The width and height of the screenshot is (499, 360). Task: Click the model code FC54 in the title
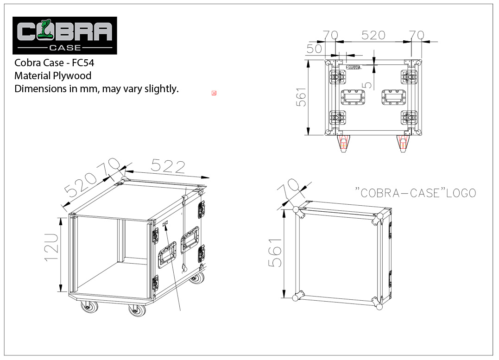pyautogui.click(x=83, y=63)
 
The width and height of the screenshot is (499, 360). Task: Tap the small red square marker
pyautogui.click(x=214, y=93)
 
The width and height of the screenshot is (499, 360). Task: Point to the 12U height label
pyautogui.click(x=51, y=247)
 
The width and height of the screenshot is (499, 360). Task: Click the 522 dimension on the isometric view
pyautogui.click(x=168, y=166)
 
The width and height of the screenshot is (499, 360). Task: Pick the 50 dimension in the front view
pyautogui.click(x=314, y=49)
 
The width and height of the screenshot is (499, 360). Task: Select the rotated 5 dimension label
pyautogui.click(x=367, y=85)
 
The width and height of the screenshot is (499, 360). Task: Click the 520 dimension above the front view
pyautogui.click(x=373, y=35)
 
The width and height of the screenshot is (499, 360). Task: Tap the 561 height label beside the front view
pyautogui.click(x=301, y=97)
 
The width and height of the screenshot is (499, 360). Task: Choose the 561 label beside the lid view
pyautogui.click(x=275, y=253)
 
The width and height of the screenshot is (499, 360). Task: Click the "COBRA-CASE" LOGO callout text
pyautogui.click(x=415, y=193)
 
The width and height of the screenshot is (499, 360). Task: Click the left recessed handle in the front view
pyautogui.click(x=353, y=97)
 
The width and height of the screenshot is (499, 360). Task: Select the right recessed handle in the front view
pyautogui.click(x=394, y=97)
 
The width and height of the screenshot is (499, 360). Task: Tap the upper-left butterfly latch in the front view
pyautogui.click(x=338, y=77)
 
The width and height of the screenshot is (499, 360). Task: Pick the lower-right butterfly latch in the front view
pyautogui.click(x=409, y=118)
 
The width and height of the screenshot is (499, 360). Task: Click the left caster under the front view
pyautogui.click(x=343, y=143)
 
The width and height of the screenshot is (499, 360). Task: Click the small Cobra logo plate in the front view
pyautogui.click(x=354, y=67)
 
